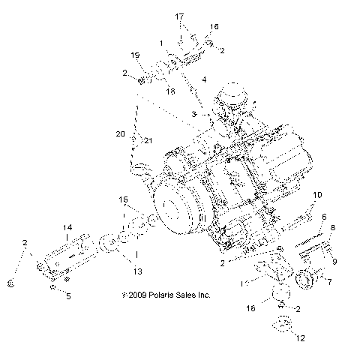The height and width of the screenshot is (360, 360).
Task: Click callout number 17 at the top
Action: pyautogui.click(x=179, y=16)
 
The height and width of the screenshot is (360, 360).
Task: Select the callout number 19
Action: pyautogui.click(x=135, y=55)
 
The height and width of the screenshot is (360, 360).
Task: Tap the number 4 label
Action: pyautogui.click(x=205, y=79)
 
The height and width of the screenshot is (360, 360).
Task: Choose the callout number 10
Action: pyautogui.click(x=317, y=195)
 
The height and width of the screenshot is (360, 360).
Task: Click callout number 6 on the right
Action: pyautogui.click(x=324, y=217)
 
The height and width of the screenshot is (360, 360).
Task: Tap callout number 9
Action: pyautogui.click(x=334, y=262)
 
